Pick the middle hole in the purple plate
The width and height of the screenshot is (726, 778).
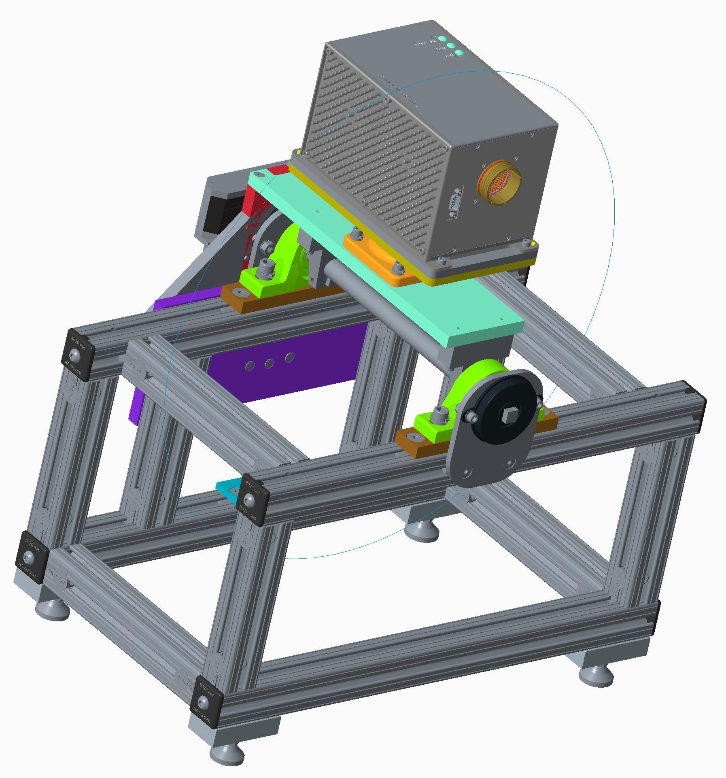[269, 363]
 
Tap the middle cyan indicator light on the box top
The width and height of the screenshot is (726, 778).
[451, 46]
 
